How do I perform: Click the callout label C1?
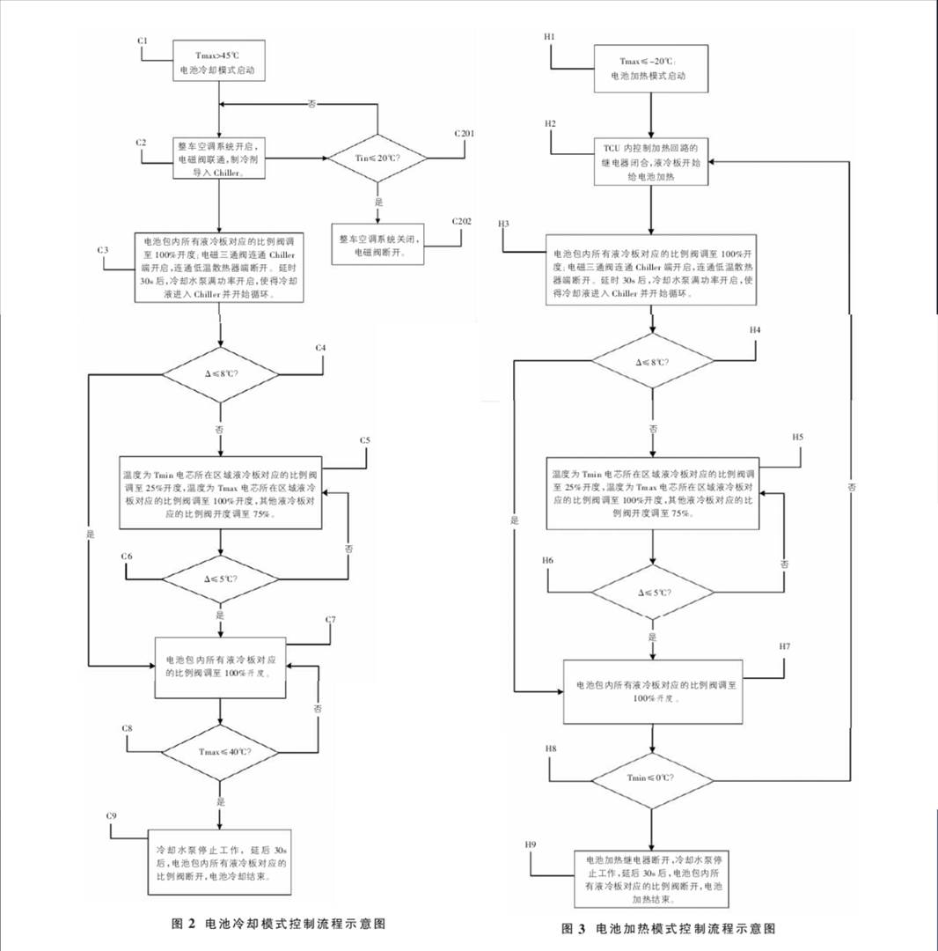pos(142,41)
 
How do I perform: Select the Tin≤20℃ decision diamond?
pos(377,158)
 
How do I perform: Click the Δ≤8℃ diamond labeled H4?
pos(652,361)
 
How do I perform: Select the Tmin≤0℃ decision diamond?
pos(652,777)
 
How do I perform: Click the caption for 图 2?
pos(278,924)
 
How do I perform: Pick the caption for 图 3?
pos(669,929)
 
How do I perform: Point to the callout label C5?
pos(365,440)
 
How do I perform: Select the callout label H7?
pos(785,647)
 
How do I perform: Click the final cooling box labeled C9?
pos(219,864)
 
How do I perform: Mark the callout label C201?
pos(464,133)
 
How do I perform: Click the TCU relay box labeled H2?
pos(651,161)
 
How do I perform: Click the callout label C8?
pos(128,729)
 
